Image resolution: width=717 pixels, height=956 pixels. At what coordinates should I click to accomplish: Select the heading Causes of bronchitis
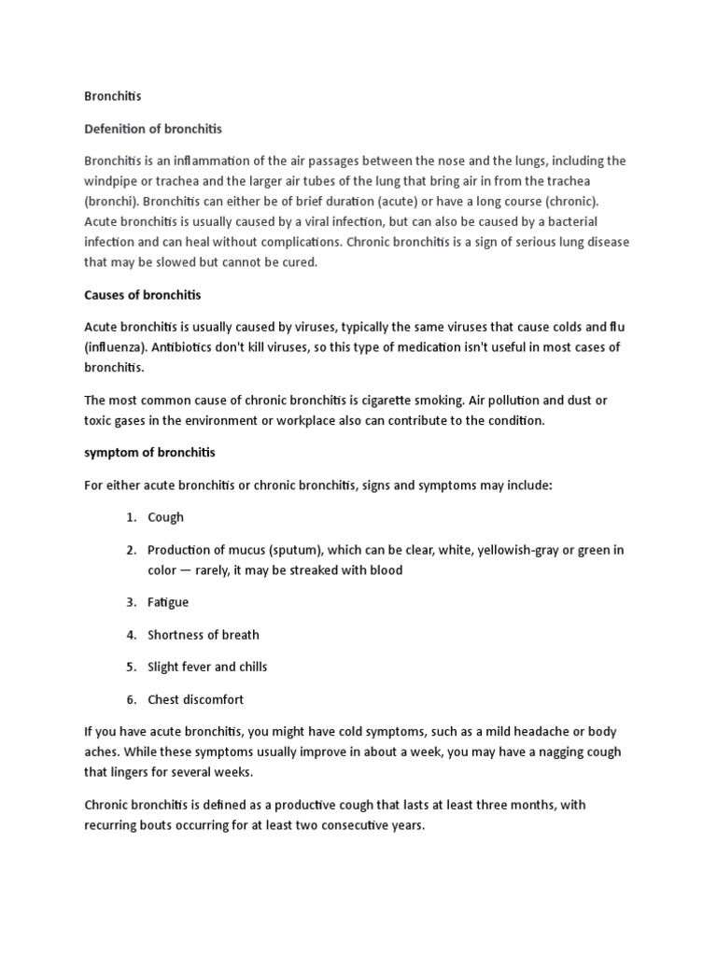tap(142, 295)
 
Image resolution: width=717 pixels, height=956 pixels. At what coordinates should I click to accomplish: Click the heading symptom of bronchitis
tap(149, 453)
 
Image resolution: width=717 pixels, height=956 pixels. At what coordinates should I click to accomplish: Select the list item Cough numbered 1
tap(165, 517)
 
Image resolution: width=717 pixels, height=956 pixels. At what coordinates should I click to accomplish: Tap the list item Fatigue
tap(168, 602)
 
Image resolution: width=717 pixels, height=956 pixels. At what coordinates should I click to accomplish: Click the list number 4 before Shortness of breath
tap(132, 635)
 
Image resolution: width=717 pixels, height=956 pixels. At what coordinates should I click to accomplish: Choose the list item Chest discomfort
tap(195, 699)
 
